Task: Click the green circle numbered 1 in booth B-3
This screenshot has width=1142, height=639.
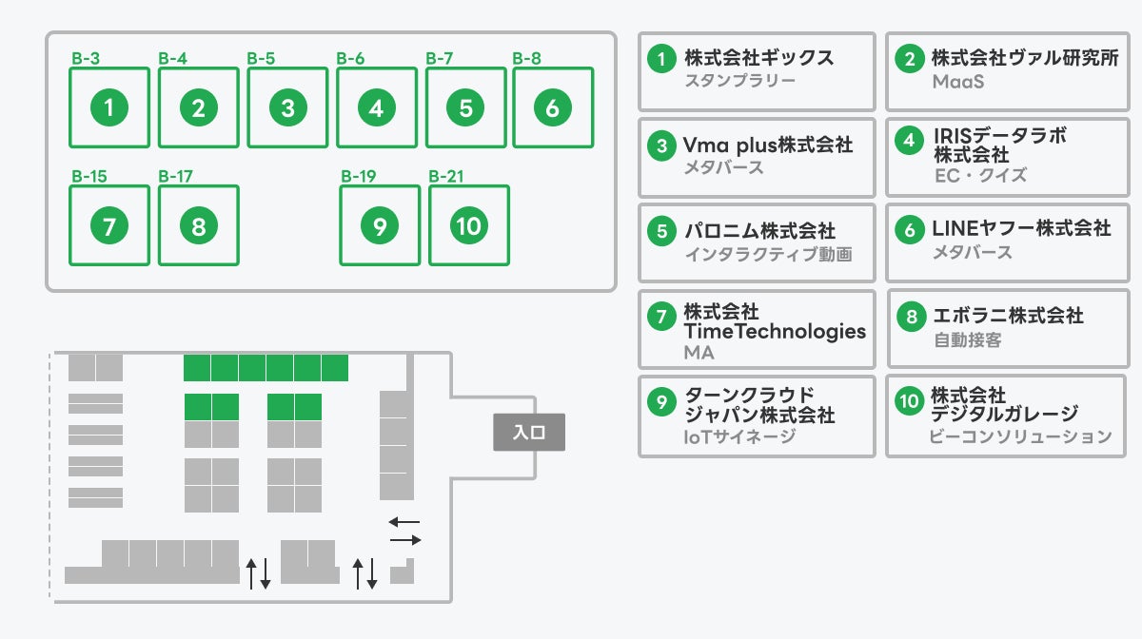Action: (x=109, y=107)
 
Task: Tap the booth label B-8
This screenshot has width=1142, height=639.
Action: (x=526, y=58)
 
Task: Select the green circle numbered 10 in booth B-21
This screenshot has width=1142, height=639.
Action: (x=469, y=225)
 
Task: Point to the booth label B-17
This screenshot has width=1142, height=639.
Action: (x=176, y=176)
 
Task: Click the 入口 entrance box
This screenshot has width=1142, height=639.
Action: (x=528, y=432)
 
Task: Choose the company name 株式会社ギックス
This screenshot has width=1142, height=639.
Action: (x=758, y=57)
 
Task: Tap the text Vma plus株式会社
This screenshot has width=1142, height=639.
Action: (x=768, y=145)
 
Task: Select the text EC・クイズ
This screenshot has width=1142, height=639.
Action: (x=980, y=175)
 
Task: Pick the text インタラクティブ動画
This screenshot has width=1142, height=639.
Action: (x=768, y=254)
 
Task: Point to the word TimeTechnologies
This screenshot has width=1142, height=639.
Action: (x=775, y=331)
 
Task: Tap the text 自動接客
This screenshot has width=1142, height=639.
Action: (x=967, y=339)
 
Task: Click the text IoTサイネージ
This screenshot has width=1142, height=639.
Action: (x=739, y=436)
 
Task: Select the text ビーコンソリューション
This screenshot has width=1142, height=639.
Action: (x=1020, y=436)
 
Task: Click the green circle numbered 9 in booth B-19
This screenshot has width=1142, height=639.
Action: (x=380, y=225)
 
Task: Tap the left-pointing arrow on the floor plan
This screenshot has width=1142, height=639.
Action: (x=404, y=521)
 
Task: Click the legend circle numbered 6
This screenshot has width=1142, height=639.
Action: (x=910, y=229)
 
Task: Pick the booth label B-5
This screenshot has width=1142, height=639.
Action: (x=261, y=58)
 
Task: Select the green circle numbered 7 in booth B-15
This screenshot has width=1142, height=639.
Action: (x=109, y=225)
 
